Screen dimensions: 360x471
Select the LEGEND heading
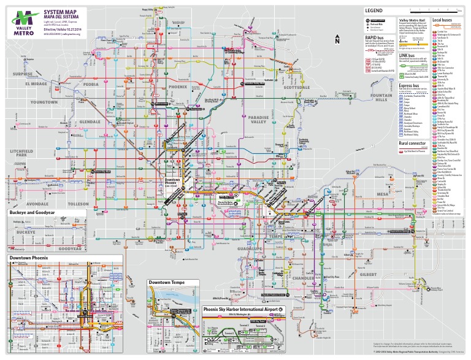tap(373, 11)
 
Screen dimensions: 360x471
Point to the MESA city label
tap(383, 194)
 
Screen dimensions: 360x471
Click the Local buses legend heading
tap(443, 20)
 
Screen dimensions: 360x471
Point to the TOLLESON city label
tap(80, 204)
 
